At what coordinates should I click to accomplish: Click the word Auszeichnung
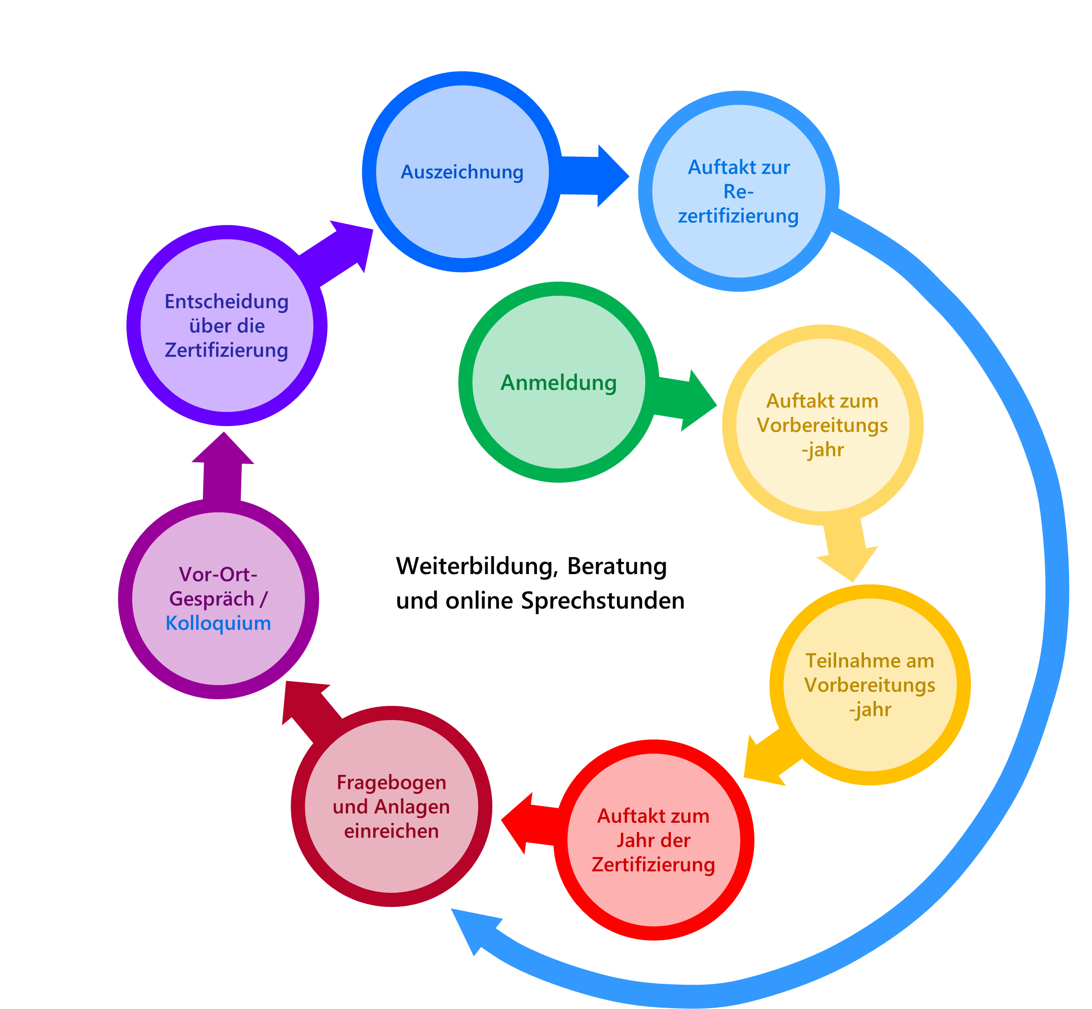462,172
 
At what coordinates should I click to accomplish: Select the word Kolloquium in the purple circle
218,623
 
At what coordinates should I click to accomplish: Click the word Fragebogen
392,782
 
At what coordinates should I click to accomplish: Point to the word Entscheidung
227,301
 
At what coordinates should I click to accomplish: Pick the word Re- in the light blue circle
738,192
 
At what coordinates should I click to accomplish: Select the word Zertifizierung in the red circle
654,865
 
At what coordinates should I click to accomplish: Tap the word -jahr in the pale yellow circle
822,450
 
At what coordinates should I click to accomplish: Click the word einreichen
392,831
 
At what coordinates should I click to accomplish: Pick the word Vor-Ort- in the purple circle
218,575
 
